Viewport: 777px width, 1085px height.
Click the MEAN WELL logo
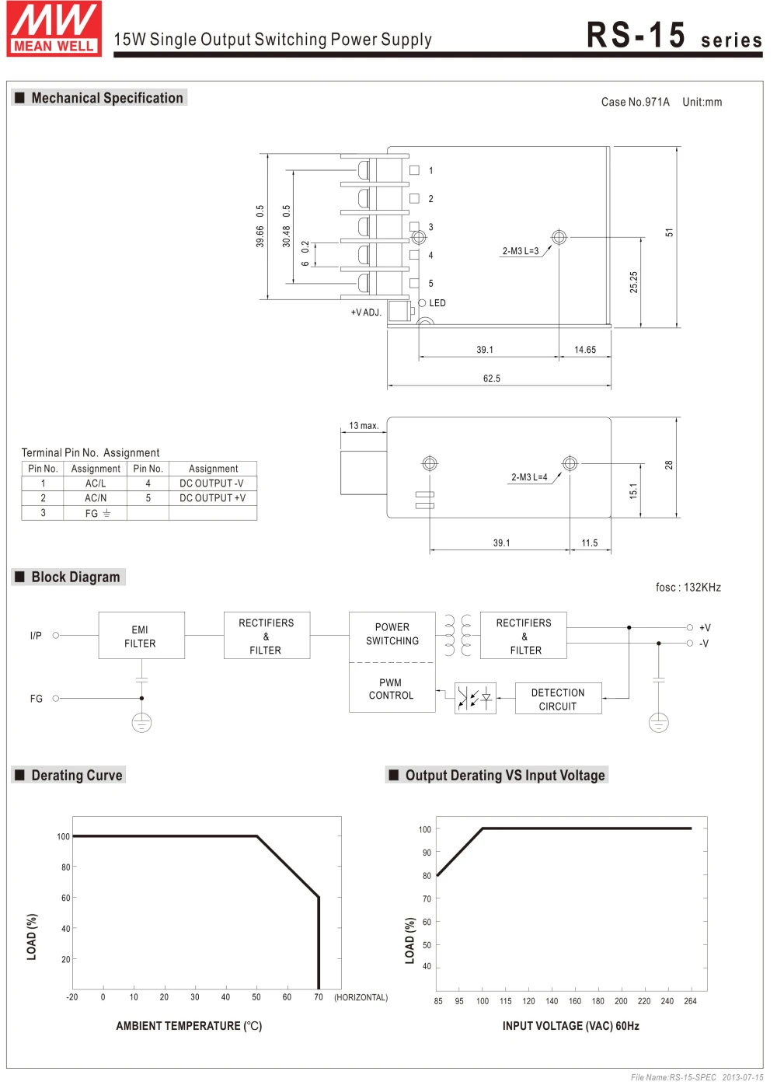(x=54, y=29)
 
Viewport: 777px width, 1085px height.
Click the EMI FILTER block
(x=141, y=636)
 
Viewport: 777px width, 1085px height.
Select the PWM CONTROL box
(x=392, y=689)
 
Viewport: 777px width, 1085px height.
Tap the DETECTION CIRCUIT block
(x=558, y=699)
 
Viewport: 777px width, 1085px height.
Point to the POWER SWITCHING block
(x=392, y=634)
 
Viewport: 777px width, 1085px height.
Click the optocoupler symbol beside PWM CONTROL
(x=475, y=698)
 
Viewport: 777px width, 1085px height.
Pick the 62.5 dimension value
(x=492, y=379)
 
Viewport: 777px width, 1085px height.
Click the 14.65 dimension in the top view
(x=585, y=350)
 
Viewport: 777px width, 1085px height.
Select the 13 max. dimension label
(x=364, y=426)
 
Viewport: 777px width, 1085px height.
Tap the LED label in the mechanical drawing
(x=437, y=303)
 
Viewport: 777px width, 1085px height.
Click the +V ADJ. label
(x=366, y=312)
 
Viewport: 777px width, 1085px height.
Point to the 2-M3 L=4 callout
(x=529, y=477)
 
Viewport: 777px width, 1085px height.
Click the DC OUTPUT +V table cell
(x=212, y=498)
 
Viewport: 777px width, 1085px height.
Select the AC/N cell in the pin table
(x=96, y=498)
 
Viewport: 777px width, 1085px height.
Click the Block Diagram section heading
(x=75, y=577)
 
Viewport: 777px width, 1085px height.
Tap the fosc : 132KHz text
(x=688, y=588)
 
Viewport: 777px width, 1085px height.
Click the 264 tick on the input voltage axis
(x=690, y=1001)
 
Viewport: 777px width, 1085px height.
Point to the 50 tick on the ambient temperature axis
(x=256, y=997)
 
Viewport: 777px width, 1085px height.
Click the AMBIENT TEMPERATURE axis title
(x=189, y=1026)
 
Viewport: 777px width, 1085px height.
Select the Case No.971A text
(x=635, y=102)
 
